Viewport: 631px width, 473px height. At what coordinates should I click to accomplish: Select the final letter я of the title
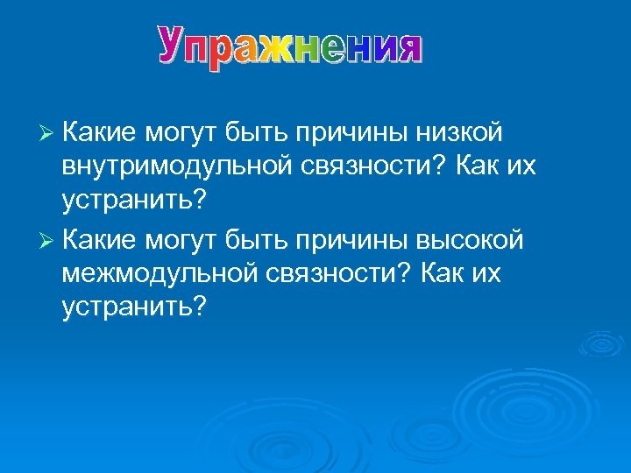[405, 47]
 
